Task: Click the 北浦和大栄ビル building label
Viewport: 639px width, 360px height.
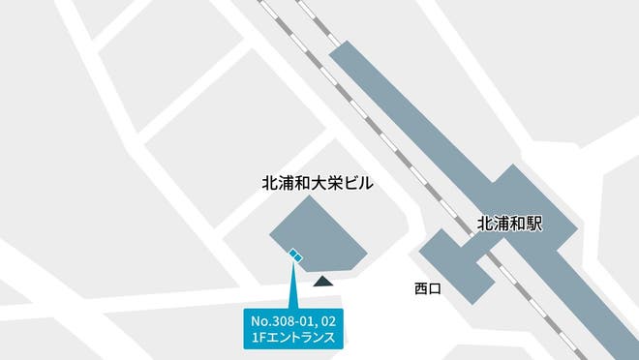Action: click(318, 182)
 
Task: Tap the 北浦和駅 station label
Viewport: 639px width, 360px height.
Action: click(510, 224)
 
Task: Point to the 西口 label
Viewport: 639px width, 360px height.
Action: click(427, 287)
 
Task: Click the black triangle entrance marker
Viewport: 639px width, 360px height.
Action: click(323, 282)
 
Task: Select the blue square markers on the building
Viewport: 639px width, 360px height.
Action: click(295, 255)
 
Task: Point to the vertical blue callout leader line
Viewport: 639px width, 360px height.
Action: click(292, 285)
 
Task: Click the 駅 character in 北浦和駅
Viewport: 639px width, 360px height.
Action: click(533, 224)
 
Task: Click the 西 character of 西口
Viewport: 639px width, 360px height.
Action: click(420, 287)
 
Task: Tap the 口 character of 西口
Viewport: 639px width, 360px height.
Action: click(435, 287)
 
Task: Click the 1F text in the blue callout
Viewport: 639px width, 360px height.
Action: click(257, 338)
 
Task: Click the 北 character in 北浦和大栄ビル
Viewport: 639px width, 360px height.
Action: click(270, 182)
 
